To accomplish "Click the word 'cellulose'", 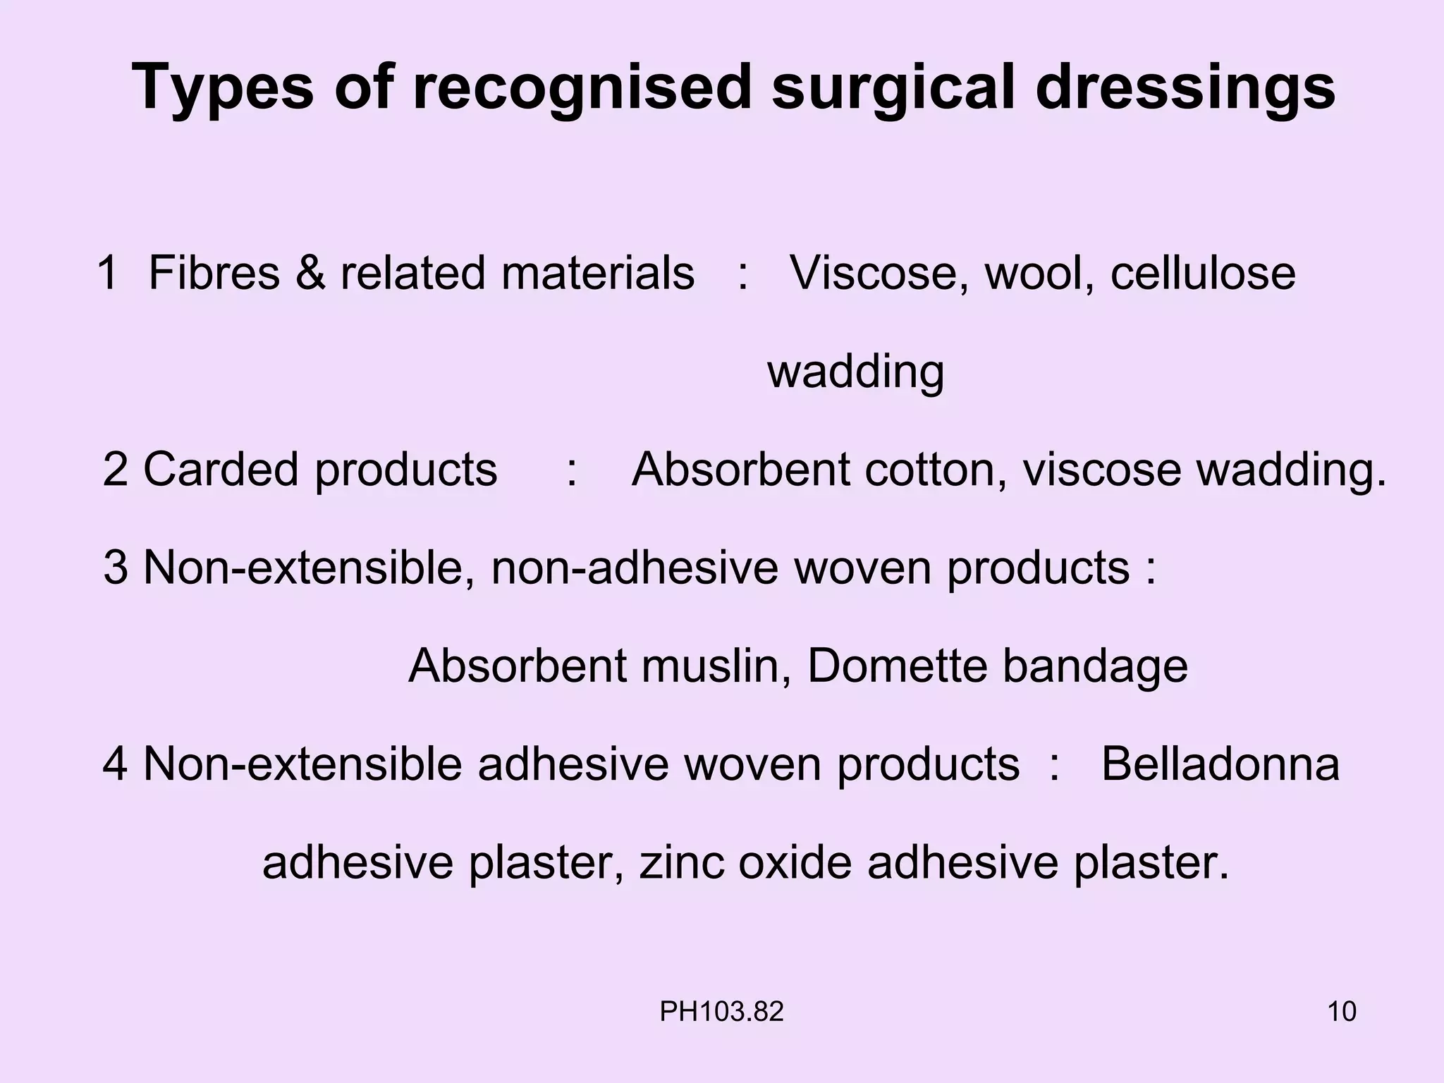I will click(x=1203, y=273).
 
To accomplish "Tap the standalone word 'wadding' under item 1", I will click(x=855, y=372).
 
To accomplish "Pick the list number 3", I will click(x=116, y=568).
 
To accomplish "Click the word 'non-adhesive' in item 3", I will click(x=635, y=568).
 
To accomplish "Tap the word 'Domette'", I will click(x=897, y=666).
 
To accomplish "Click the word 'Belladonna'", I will click(x=1220, y=764).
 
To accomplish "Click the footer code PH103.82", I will click(x=721, y=1012).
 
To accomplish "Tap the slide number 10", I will click(x=1342, y=1012).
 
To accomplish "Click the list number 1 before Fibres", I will click(x=108, y=273).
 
